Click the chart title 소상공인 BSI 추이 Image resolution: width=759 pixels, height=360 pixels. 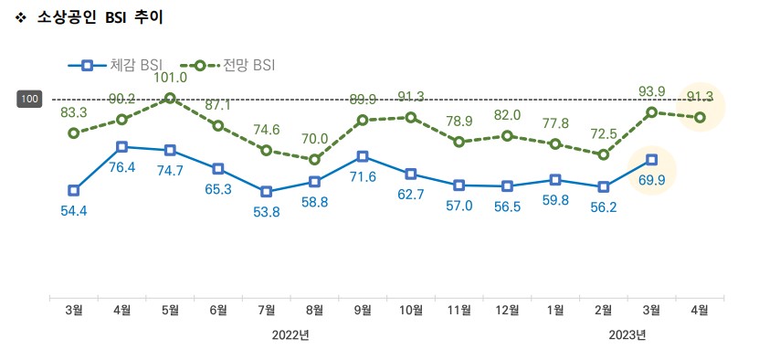pyautogui.click(x=100, y=17)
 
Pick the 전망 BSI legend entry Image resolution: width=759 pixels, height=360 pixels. pyautogui.click(x=227, y=65)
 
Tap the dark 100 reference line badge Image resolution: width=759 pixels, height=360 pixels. pyautogui.click(x=29, y=99)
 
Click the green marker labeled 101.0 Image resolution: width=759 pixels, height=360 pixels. pyautogui.click(x=170, y=98)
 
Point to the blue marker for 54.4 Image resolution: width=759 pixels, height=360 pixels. pyautogui.click(x=74, y=190)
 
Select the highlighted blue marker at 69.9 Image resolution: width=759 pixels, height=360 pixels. pyautogui.click(x=651, y=159)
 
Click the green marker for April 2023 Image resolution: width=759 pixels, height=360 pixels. pyautogui.click(x=700, y=117)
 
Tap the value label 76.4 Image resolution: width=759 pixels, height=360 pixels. pyautogui.click(x=121, y=167)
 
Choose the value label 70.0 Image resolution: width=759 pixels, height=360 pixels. pyautogui.click(x=314, y=139)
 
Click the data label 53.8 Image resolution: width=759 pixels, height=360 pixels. pyautogui.click(x=266, y=212)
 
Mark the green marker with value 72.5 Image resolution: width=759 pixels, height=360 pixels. pyautogui.click(x=603, y=154)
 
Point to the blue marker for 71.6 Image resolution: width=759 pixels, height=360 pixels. pyautogui.click(x=363, y=156)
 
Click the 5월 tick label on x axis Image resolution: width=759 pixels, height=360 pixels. pyautogui.click(x=170, y=311)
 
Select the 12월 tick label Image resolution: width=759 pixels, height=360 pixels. pyautogui.click(x=507, y=311)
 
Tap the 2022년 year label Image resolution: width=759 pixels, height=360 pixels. pyautogui.click(x=290, y=335)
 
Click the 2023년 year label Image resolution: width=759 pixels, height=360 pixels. pyautogui.click(x=627, y=335)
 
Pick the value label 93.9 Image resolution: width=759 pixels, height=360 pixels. pyautogui.click(x=651, y=90)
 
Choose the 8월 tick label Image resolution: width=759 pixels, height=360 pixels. pyautogui.click(x=314, y=311)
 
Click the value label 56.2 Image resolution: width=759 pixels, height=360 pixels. pyautogui.click(x=603, y=206)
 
